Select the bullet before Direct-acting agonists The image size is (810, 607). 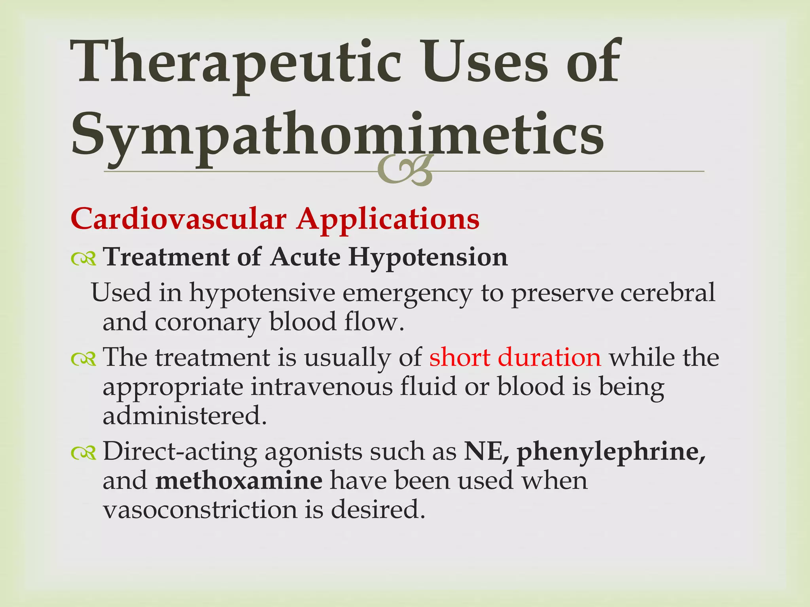(83, 453)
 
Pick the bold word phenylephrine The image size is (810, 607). (611, 452)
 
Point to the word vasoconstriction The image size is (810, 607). (200, 510)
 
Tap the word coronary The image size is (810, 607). (207, 322)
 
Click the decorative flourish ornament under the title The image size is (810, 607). (404, 171)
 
